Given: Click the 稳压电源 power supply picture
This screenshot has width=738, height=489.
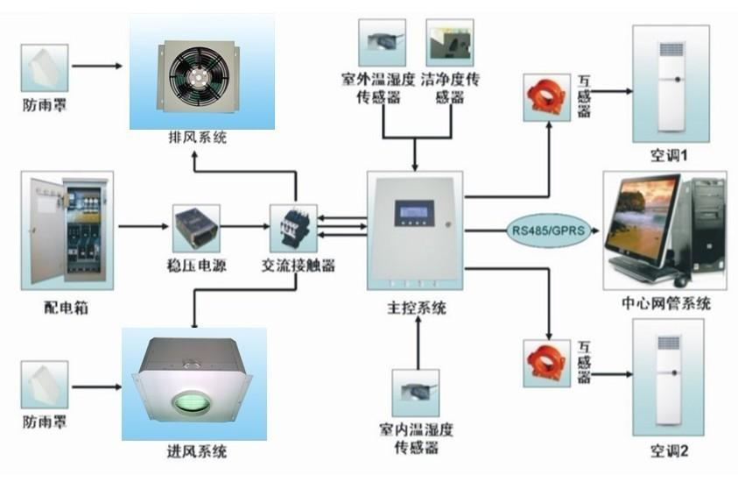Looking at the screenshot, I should [195, 227].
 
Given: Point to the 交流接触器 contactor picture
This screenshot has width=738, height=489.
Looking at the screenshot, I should [292, 226].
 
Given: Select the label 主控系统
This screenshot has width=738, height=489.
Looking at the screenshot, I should [416, 308].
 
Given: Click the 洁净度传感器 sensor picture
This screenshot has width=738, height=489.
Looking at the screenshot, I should [449, 41].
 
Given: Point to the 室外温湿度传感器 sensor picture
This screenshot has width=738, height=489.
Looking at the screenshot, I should [382, 41].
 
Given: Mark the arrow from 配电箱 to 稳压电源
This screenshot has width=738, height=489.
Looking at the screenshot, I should [144, 227].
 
